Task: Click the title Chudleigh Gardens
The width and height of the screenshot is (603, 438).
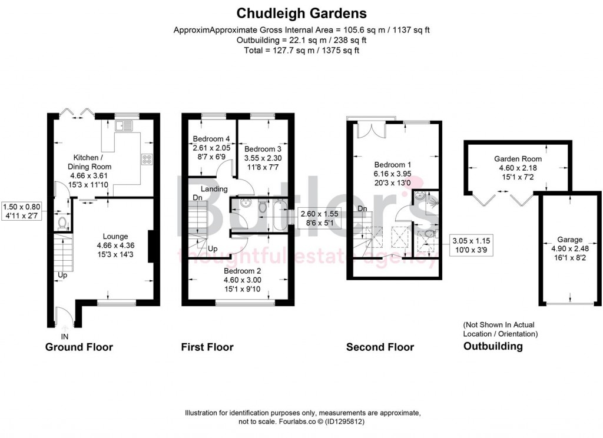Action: [301, 12]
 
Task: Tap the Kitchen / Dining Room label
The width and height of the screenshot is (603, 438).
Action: [92, 162]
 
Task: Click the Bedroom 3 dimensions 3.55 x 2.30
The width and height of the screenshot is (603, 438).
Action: [263, 158]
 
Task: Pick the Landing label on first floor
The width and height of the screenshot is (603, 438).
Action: [210, 189]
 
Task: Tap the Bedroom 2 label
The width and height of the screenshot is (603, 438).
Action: [242, 271]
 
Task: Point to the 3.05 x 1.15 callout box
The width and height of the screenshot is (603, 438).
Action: [471, 244]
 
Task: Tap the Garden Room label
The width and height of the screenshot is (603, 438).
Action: [518, 159]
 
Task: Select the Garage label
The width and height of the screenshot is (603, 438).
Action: [569, 240]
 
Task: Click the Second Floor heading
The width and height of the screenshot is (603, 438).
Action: [380, 347]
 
